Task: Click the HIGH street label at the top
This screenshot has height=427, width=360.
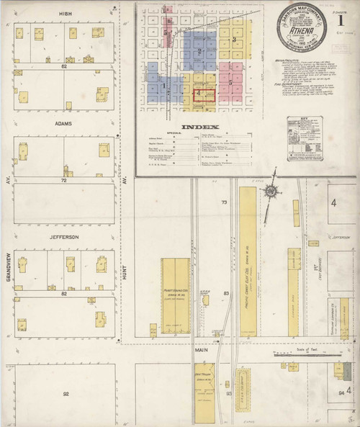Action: click(x=64, y=13)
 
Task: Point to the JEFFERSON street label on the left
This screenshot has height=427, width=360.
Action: click(x=64, y=237)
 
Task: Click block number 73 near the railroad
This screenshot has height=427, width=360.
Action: click(x=225, y=203)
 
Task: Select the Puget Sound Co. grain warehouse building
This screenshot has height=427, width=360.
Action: click(x=176, y=295)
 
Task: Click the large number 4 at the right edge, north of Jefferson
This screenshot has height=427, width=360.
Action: click(x=334, y=203)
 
